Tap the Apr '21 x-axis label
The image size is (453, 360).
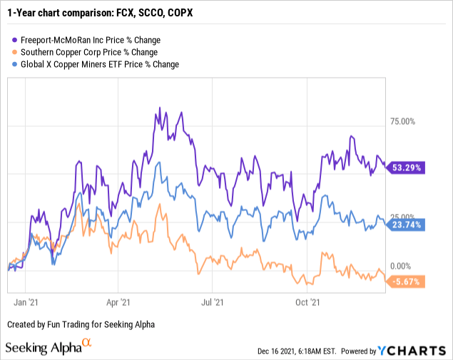(x=119, y=302)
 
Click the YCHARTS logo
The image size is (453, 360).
(x=420, y=350)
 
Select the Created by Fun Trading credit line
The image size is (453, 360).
(x=81, y=324)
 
